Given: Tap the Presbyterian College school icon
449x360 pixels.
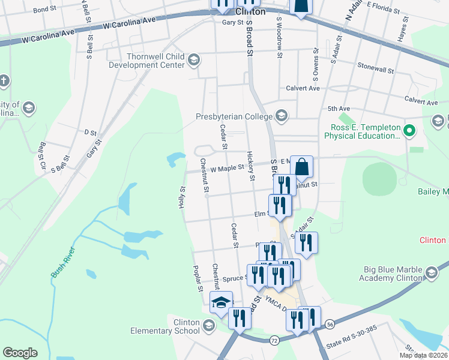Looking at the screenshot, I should [282, 116].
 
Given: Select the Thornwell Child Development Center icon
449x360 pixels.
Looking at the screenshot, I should [193, 59].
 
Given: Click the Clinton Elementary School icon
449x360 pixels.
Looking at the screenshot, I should [208, 326].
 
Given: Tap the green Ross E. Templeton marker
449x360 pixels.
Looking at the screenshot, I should [409, 130].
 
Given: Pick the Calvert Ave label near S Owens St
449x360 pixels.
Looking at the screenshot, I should [303, 88].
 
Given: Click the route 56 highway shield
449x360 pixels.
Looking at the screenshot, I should [330, 324].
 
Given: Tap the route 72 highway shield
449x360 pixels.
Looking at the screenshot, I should [274, 340].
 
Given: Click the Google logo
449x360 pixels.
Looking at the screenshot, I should [20, 353].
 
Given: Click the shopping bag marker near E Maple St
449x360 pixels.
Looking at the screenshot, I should [301, 166].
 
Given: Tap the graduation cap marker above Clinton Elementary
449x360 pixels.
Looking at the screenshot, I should [221, 302].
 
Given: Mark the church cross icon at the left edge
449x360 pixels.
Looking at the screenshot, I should [4, 81].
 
